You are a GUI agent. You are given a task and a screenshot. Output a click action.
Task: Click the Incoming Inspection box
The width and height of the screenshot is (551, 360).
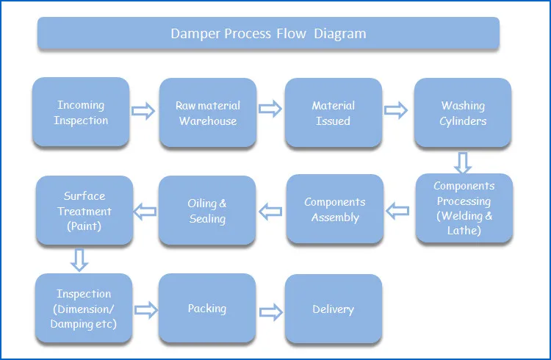point(81,112)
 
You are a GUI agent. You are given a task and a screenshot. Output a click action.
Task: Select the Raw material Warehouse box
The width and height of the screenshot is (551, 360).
point(208,113)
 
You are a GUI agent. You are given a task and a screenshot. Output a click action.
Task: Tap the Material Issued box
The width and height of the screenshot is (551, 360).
point(334,113)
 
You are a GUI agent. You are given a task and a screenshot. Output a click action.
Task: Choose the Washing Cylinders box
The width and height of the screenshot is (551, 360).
point(463,113)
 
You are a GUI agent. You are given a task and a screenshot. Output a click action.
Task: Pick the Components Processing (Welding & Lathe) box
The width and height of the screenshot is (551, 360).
point(464,209)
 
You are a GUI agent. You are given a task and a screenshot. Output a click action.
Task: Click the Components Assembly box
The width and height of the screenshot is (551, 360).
point(335,209)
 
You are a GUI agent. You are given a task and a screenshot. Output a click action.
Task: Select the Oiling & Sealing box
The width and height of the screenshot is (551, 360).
point(207,211)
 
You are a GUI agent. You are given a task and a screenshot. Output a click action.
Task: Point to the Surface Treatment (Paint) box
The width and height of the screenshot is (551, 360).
point(84,211)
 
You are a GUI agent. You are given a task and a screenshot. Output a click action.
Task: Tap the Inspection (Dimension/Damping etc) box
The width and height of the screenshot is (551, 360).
point(84,309)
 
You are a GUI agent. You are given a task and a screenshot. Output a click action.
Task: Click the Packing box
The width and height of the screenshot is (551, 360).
point(207,309)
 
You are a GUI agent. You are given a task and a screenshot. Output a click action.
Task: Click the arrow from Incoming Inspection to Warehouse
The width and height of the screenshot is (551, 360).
point(143,112)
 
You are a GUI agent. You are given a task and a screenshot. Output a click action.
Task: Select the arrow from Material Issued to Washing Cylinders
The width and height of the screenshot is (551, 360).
point(397,111)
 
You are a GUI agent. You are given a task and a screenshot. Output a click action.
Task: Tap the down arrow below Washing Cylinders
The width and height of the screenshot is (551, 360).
point(462,162)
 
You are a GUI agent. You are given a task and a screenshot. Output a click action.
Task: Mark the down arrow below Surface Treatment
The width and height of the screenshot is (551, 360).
point(80,259)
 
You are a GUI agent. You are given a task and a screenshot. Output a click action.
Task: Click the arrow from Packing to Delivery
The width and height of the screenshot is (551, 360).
point(270,309)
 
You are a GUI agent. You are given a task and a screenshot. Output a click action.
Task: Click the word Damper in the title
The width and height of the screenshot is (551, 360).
point(195,34)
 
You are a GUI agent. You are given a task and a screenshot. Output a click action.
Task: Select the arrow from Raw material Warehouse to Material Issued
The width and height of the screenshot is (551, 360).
point(270,110)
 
